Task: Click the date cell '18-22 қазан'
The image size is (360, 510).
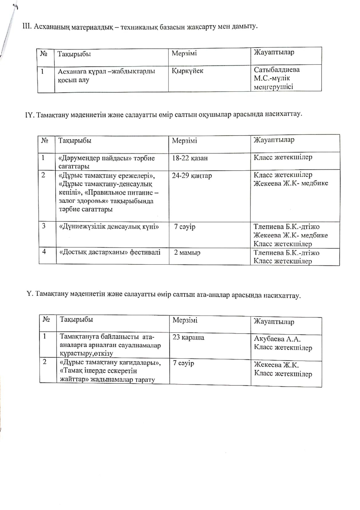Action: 190,158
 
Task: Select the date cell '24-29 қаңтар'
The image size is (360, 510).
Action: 192,176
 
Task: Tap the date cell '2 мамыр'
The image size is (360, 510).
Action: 187,253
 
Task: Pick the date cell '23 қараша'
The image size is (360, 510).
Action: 188,337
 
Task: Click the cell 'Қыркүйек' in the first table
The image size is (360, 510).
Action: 188,71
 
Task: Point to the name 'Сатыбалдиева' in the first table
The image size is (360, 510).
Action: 277,70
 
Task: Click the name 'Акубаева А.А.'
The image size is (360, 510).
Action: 277,339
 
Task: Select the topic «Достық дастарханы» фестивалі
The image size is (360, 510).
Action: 110,252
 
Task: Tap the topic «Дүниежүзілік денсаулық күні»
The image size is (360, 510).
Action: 109,227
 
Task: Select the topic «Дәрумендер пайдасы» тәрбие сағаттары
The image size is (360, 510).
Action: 107,162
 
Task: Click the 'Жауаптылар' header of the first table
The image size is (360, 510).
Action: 274,52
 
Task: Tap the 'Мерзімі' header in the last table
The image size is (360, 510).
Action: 185,320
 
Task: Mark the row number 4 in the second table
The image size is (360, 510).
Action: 44,252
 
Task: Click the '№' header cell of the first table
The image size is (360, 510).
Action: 44,54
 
